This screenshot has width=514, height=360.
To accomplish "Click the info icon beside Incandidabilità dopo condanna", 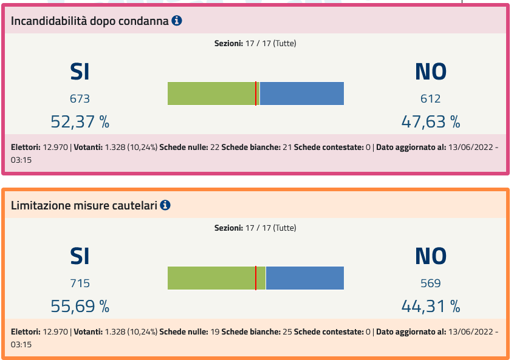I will tap(177, 21).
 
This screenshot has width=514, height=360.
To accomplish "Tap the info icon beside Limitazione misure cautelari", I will tap(165, 205).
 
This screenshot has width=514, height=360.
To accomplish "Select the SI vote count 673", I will tap(80, 98).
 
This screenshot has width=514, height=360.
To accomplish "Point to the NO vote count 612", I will tap(430, 98).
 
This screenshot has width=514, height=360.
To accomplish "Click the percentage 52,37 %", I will tap(80, 121).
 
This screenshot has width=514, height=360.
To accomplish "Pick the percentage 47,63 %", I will tap(430, 121).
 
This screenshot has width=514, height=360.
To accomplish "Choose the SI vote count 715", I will tap(80, 283).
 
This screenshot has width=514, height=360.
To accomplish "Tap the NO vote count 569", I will tap(430, 283).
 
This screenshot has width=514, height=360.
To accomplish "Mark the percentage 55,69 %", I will tap(80, 306).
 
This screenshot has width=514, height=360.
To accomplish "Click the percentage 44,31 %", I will tap(430, 306).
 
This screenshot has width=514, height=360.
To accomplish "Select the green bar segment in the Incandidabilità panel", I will tap(211, 93).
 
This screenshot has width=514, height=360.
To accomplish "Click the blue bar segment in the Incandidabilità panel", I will tap(302, 93).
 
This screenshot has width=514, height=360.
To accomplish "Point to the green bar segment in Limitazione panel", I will tap(211, 278).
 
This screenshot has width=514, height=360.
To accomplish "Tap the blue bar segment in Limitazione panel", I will tap(305, 278).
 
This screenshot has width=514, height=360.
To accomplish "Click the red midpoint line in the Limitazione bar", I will tap(256, 278).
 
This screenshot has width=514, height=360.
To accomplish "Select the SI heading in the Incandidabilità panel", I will tap(80, 72).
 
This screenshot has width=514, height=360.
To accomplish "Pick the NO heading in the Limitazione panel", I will tap(430, 256).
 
